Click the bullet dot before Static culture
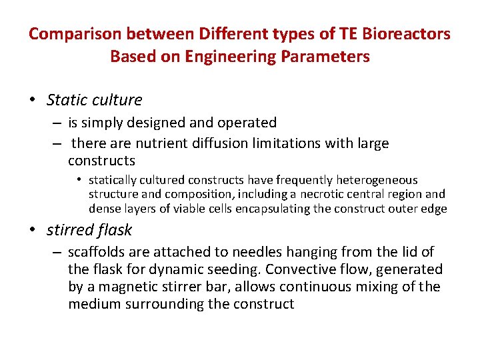pos(32,101)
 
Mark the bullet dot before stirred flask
pos(32,231)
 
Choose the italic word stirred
pos(70,231)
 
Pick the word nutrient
pos(158,143)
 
